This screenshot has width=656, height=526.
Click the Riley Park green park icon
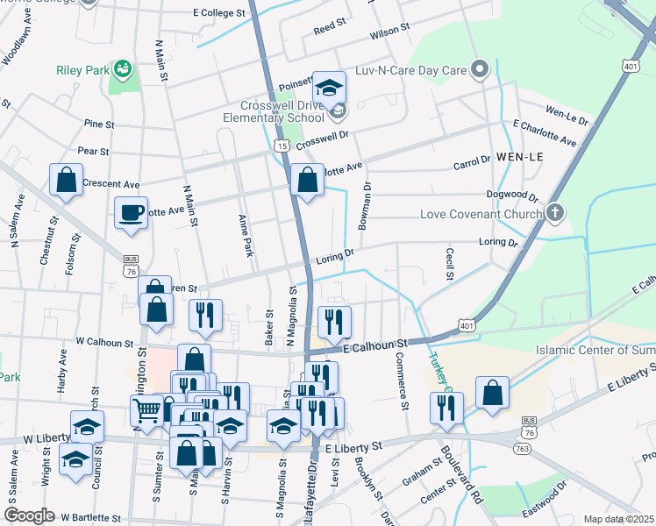[x=123, y=68]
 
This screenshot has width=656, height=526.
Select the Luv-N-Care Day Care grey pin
[x=479, y=68]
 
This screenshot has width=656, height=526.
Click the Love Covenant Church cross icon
[x=554, y=213]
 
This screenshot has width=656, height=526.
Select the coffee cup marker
[x=131, y=213]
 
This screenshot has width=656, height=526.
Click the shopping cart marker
[x=146, y=410]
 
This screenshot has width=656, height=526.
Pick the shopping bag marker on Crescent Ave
[x=67, y=181]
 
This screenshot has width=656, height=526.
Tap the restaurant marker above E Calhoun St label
[x=334, y=322]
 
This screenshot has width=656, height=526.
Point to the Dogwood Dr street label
[x=514, y=195]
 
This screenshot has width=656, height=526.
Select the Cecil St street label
[x=448, y=264]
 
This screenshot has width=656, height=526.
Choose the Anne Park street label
[x=245, y=236]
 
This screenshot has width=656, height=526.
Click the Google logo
[x=29, y=515]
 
